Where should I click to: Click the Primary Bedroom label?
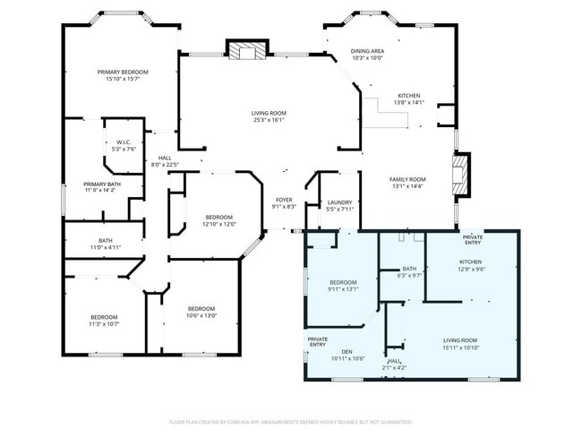coord(123,72)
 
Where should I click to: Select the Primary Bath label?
coord(102,184)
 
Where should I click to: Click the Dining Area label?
coord(367,51)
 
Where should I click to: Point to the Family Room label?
coord(407,179)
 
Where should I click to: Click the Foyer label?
coord(283,200)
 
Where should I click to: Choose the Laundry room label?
coord(339,202)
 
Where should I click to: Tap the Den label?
coord(348,352)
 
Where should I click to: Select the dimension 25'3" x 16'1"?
coord(269,120)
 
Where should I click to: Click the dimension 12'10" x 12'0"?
coord(219,224)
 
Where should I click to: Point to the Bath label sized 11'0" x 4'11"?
coord(105,240)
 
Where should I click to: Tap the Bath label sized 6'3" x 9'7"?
coord(409,269)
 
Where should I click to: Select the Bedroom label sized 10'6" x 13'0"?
coord(201,309)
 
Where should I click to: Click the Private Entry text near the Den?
coord(318,342)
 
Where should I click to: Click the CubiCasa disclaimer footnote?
coord(290,421)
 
